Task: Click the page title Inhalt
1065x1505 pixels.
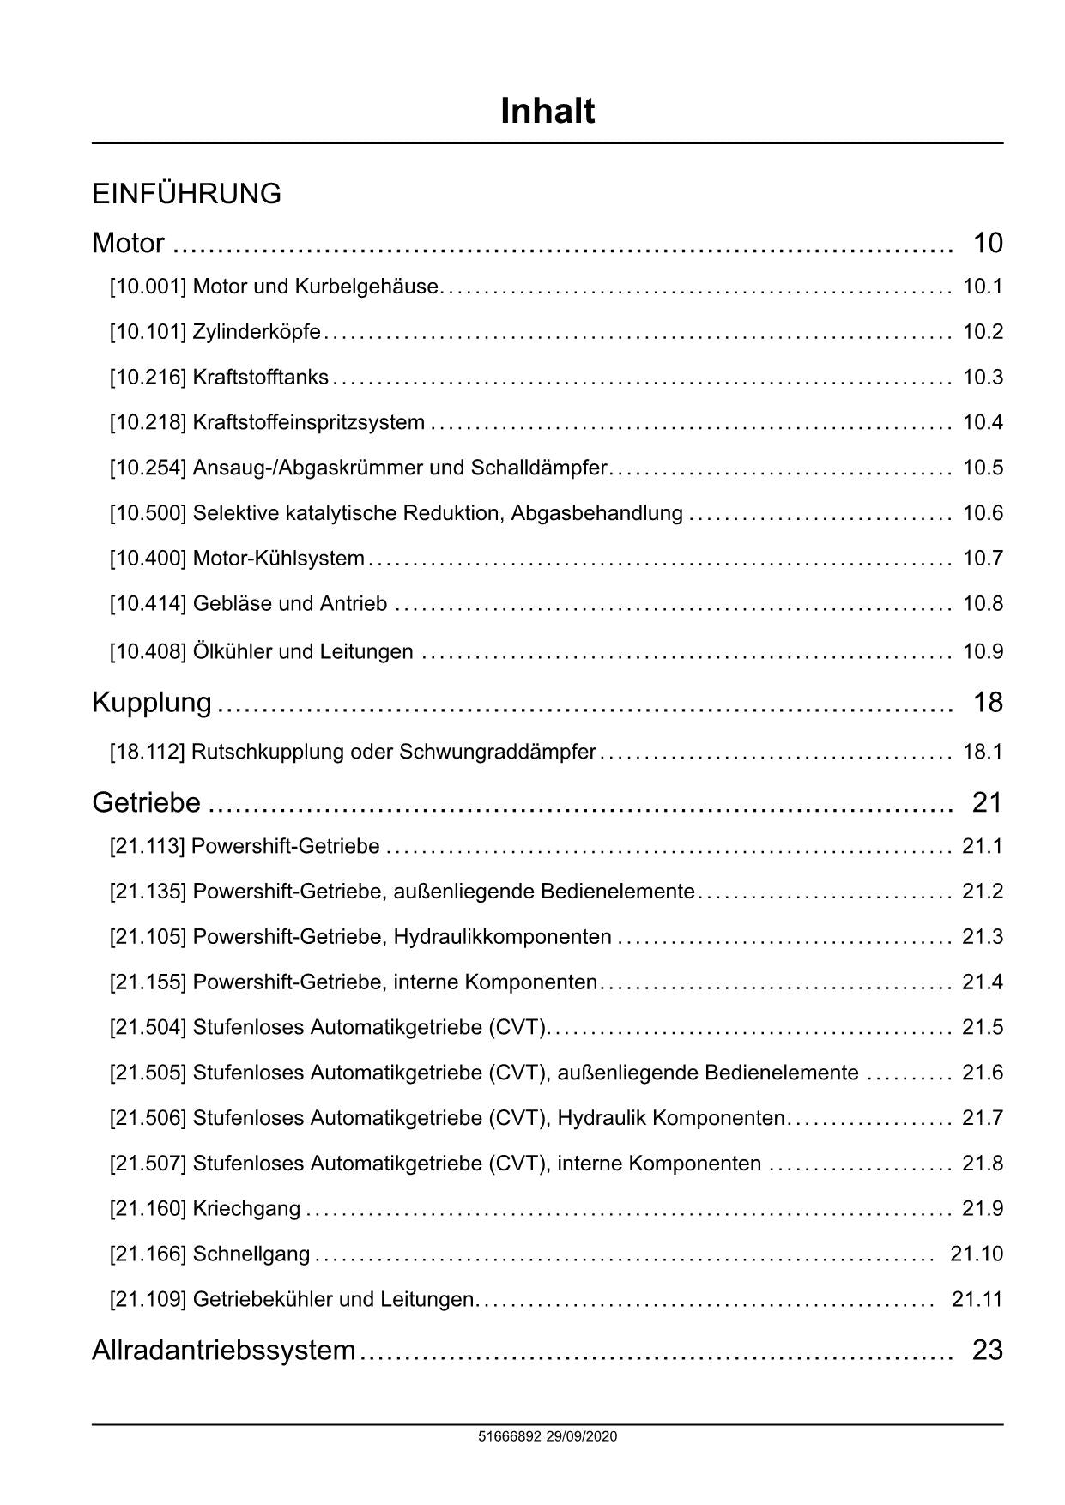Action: point(548,112)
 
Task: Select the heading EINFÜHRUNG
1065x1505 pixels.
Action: point(186,194)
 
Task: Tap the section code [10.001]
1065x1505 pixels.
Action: point(148,287)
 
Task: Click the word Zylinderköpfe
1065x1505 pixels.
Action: point(257,332)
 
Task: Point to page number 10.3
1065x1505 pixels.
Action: point(983,378)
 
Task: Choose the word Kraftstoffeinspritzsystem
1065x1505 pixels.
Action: point(309,423)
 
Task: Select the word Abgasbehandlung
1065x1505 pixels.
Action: point(597,514)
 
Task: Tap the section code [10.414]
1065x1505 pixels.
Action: point(148,604)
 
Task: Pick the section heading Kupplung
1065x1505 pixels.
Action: point(152,703)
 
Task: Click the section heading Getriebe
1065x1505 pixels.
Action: point(146,803)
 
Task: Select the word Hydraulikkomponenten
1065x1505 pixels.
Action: point(503,937)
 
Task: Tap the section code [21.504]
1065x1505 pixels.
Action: point(148,1028)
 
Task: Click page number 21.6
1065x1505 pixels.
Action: point(983,1073)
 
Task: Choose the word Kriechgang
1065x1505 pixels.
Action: point(247,1210)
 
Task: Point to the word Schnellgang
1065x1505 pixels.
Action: point(251,1254)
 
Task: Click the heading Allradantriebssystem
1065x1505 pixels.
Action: point(223,1351)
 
